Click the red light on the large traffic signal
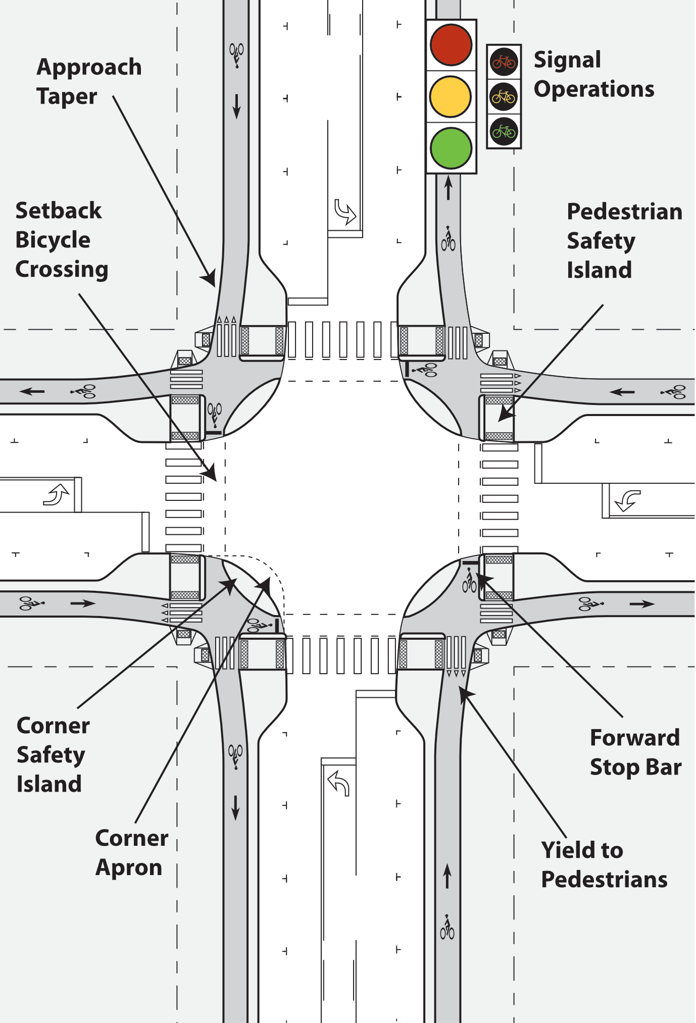[451, 44]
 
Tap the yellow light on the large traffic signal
[451, 96]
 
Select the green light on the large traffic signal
[451, 147]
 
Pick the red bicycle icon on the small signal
[504, 62]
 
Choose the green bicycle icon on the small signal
[504, 132]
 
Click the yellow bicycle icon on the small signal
[504, 96]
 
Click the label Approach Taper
[89, 81]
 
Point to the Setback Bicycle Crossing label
[62, 240]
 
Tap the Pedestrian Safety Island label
[624, 241]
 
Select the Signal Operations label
[593, 74]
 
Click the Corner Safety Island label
[53, 755]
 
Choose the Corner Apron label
[131, 852]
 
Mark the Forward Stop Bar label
[635, 752]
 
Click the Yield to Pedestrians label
[604, 865]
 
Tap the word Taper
[67, 96]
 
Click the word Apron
[129, 867]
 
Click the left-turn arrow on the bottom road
[339, 784]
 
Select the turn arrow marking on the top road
[345, 212]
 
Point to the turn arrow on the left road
[57, 494]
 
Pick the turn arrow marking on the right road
[628, 500]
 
